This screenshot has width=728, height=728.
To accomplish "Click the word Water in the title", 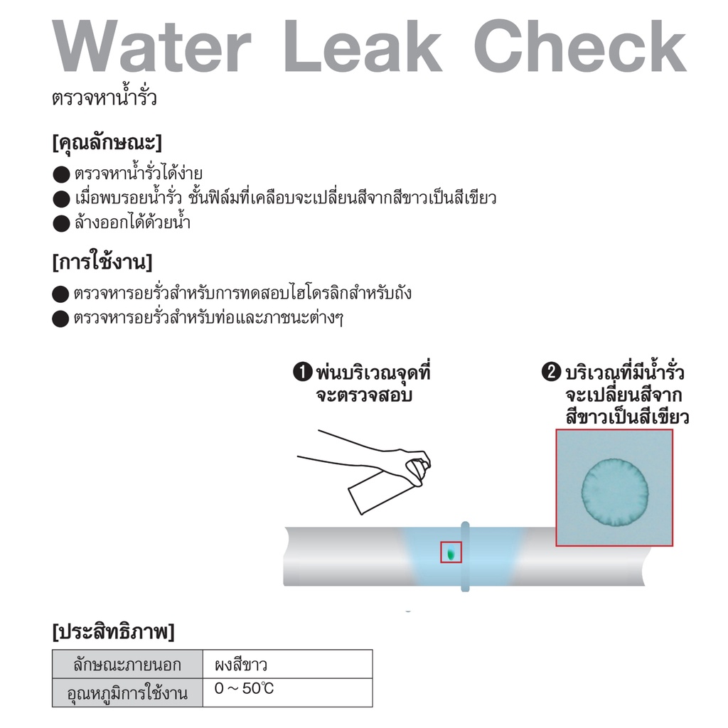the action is point(151,46).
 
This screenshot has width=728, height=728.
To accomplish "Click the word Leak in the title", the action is point(363,45).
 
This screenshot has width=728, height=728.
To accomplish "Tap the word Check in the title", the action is point(580,45).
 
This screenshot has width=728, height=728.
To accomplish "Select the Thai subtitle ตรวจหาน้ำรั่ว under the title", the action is point(105,97).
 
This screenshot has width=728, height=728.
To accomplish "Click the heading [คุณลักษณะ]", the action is point(107,142).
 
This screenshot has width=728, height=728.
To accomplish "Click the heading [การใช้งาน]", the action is point(102,262).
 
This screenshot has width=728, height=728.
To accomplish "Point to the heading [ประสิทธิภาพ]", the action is point(113,631).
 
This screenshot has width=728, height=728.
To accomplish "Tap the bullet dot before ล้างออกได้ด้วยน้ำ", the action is point(61,223).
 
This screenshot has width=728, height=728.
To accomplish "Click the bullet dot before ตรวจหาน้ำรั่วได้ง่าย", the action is point(61,175).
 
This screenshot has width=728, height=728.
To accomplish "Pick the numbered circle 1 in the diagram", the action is point(303,372).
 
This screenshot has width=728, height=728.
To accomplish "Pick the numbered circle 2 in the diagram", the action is point(551,372).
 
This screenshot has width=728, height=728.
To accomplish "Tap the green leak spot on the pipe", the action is point(450,553).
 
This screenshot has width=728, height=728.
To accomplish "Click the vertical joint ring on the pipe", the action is point(465,557).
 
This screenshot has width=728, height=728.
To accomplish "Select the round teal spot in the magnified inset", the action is point(615,492).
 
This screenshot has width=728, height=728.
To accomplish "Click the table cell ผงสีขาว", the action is point(241,665).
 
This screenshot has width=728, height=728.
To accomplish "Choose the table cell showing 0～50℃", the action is point(245,688).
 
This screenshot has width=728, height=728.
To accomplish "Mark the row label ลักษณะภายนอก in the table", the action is point(127,665).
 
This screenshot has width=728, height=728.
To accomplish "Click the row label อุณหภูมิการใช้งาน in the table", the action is point(127,692).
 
